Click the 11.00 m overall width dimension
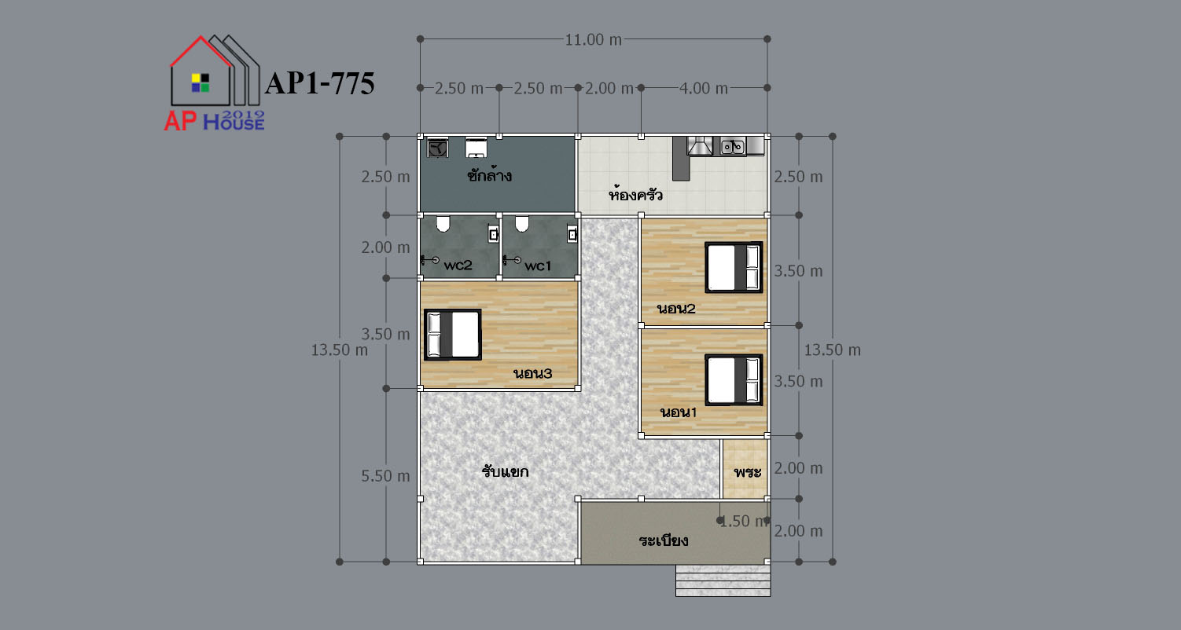coord(593,39)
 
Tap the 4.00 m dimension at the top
coord(703,88)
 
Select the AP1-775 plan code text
coord(319,83)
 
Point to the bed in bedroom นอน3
coord(453,335)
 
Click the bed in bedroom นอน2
coord(734,267)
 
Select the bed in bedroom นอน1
coord(734,379)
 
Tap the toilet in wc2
coord(443,224)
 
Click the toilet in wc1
coord(522,224)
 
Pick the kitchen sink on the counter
coord(733,146)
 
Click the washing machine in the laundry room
coord(438,148)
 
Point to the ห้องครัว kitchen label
coord(635,194)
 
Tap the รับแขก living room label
coord(505,471)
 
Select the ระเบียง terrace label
coord(664,540)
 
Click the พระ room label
coord(748,472)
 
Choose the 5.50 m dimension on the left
coord(385,476)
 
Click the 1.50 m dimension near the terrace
coord(743,521)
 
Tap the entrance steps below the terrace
coord(723,581)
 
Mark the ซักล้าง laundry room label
coord(489,174)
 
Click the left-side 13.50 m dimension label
coord(339,350)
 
